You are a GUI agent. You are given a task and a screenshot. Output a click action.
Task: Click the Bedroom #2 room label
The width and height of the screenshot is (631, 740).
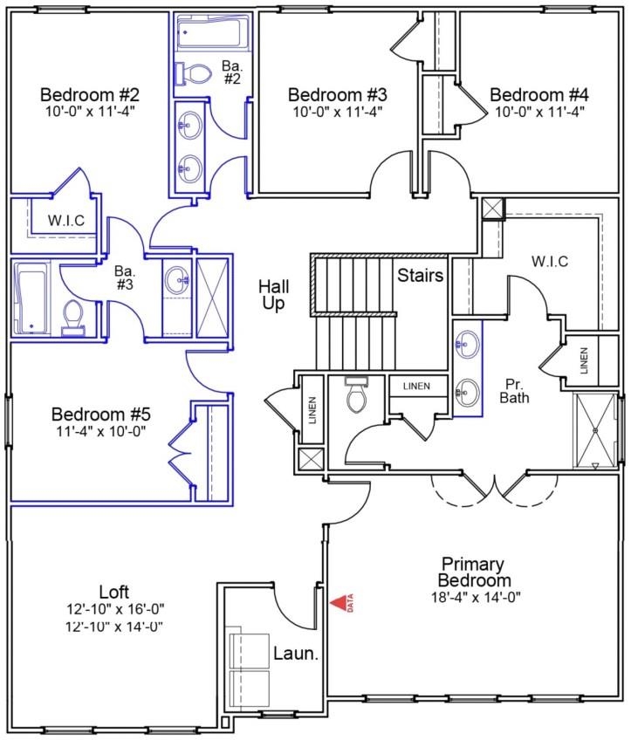91,94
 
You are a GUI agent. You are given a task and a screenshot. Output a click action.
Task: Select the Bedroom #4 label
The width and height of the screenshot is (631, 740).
538,94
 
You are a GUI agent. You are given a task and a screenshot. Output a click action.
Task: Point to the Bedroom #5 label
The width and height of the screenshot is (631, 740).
100,414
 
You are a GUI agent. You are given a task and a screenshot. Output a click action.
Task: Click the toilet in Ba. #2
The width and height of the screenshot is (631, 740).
194,75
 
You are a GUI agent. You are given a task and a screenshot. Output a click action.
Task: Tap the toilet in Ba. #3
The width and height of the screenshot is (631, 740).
73,318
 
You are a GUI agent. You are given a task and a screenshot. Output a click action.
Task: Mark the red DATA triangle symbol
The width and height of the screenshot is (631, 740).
338,602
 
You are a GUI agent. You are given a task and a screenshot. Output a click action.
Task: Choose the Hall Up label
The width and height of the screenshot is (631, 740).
273,295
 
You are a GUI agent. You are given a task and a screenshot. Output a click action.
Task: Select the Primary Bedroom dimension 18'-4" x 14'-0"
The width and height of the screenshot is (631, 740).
474,598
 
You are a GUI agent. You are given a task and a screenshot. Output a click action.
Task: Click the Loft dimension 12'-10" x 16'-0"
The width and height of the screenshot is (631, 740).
115,609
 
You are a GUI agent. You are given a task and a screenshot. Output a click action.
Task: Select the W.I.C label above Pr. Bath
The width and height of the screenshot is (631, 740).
549,261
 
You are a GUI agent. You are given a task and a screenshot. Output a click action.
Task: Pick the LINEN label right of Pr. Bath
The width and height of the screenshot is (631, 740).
584,360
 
